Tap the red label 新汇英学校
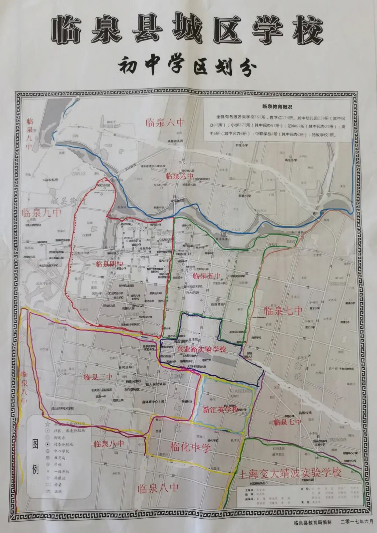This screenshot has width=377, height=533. pos(221,409)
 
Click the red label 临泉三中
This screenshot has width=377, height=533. pos(98,377)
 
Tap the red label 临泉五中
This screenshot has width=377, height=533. pos(207,276)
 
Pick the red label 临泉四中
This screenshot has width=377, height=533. pos(110,264)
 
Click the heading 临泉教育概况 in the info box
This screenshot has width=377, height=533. pos(277,107)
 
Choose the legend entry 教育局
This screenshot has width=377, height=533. pos(59,458)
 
